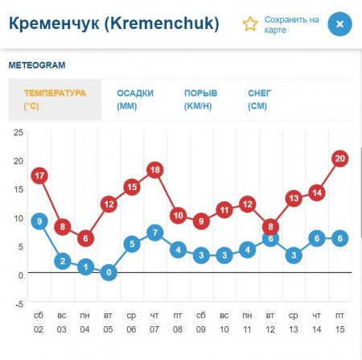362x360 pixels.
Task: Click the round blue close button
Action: tap(339, 24)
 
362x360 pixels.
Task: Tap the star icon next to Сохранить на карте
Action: tap(251, 23)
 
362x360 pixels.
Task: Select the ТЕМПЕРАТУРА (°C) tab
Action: tap(55, 99)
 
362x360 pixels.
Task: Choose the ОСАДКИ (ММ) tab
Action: tap(135, 99)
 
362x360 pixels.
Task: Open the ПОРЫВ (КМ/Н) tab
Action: tap(202, 99)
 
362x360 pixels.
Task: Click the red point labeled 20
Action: tap(339, 159)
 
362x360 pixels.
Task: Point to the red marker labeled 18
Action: tap(156, 170)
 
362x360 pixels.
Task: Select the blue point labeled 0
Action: tap(109, 272)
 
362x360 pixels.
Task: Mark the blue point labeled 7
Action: tap(156, 233)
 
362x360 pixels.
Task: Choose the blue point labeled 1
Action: tap(86, 267)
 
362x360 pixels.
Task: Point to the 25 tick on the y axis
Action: tap(19, 132)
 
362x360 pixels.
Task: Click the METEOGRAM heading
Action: tap(37, 64)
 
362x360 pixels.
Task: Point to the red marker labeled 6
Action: tap(86, 238)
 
